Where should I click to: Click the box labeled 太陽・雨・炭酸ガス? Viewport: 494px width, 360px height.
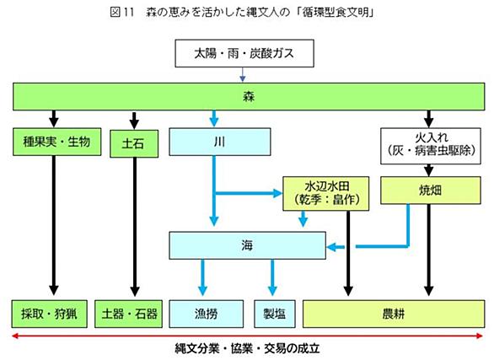pos(244,53)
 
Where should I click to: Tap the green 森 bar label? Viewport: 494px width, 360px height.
pos(249,96)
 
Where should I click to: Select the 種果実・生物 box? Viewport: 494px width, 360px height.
pos(56,142)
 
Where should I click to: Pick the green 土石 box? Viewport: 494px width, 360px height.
pos(134,143)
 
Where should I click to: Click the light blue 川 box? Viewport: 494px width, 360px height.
pos(219,142)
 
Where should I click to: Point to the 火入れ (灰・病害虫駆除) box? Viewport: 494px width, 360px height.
pos(431,146)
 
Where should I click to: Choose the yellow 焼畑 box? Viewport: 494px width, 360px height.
pos(431,191)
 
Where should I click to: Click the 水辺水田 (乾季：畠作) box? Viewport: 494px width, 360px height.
pos(325,193)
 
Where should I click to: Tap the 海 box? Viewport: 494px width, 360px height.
pos(247,245)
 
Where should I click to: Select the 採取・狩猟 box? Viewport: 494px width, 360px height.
pos(50,314)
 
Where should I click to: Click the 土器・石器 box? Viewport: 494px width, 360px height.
pos(128,314)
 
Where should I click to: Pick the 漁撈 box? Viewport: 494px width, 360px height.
pos(206,314)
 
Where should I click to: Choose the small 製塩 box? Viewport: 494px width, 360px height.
pos(275,314)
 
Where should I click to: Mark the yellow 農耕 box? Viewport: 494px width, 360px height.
pos(394,314)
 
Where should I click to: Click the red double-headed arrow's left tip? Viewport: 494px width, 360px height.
pos(12,336)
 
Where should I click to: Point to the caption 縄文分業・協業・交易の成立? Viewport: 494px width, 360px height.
pos(247,348)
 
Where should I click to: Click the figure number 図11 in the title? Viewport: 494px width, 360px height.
pos(122,13)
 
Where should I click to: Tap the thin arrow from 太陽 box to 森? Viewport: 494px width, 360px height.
pos(242,75)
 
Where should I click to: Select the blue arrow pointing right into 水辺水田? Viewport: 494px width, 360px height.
pos(248,193)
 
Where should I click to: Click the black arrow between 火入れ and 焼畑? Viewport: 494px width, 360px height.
pos(428,170)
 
